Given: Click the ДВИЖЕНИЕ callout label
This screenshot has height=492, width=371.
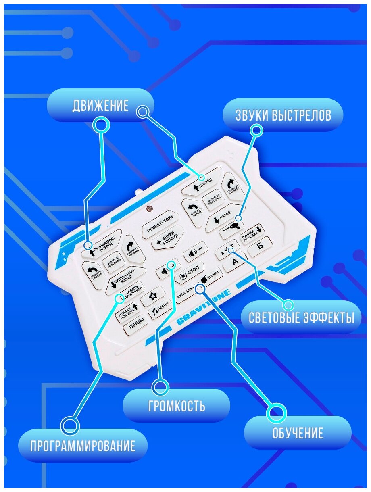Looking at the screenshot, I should click(100, 106).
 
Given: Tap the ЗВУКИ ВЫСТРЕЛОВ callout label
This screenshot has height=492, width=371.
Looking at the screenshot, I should click(283, 115).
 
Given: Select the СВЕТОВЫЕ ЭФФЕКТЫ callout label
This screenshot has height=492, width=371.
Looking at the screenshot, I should click(301, 317).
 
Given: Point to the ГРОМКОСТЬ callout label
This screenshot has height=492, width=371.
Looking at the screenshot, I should click(176, 405).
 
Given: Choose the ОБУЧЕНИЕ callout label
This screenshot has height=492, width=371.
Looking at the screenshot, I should click(298, 433).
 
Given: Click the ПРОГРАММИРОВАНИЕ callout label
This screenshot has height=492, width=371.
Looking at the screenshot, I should click(83, 446).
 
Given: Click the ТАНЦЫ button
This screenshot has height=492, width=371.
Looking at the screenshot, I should click(134, 327).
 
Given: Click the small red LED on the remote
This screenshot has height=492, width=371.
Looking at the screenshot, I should click(150, 208).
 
